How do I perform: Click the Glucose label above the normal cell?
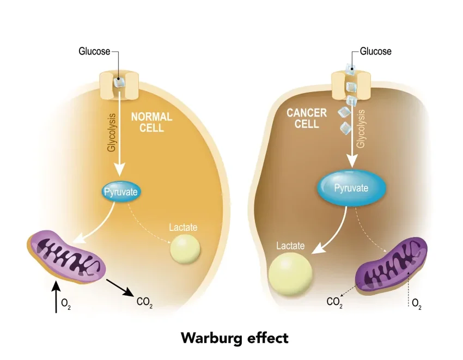94,52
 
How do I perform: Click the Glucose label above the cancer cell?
375,52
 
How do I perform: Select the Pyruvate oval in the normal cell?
121,192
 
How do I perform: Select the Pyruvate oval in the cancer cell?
351,188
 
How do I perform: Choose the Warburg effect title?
234,338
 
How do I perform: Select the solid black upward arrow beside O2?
56,297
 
